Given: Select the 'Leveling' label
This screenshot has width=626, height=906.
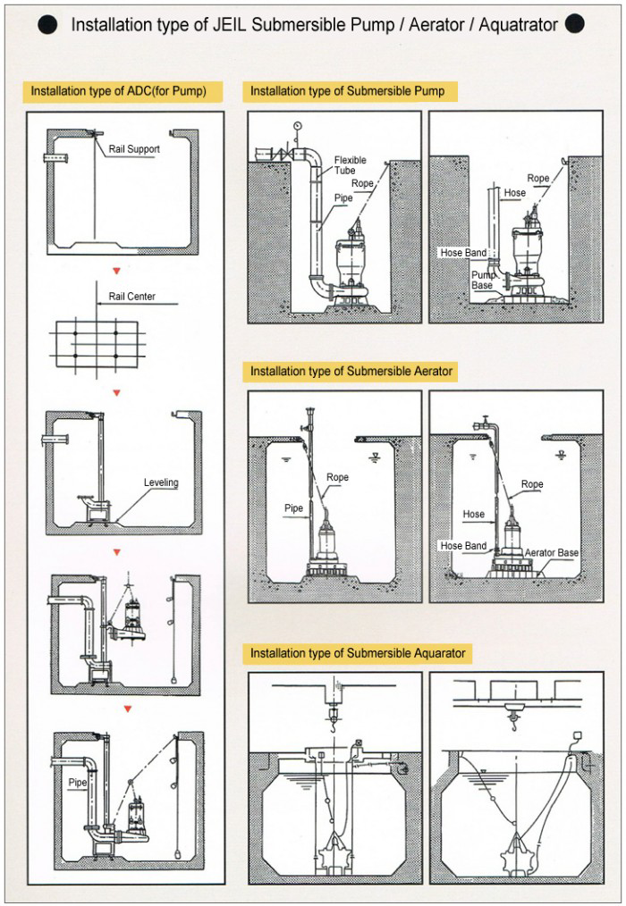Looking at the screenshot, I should [x=161, y=482].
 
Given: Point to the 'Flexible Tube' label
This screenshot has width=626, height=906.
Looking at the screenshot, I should [x=350, y=166].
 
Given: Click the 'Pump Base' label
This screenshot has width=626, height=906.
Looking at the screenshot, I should [x=483, y=280].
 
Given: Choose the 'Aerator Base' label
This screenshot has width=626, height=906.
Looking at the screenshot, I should [x=551, y=553].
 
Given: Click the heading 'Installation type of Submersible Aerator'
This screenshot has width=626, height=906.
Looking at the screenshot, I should [x=351, y=371].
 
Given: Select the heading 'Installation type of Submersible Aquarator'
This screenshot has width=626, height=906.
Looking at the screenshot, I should [x=358, y=653].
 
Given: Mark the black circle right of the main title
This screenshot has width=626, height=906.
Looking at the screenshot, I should [x=575, y=24].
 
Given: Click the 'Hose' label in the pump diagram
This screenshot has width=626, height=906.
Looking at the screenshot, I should [x=514, y=193].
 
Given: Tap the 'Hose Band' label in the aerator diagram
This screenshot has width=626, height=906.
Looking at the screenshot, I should [x=463, y=546].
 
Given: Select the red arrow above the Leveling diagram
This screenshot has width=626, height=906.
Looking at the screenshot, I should [x=117, y=392].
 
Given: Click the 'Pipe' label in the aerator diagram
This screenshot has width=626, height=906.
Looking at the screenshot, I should [x=294, y=508].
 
